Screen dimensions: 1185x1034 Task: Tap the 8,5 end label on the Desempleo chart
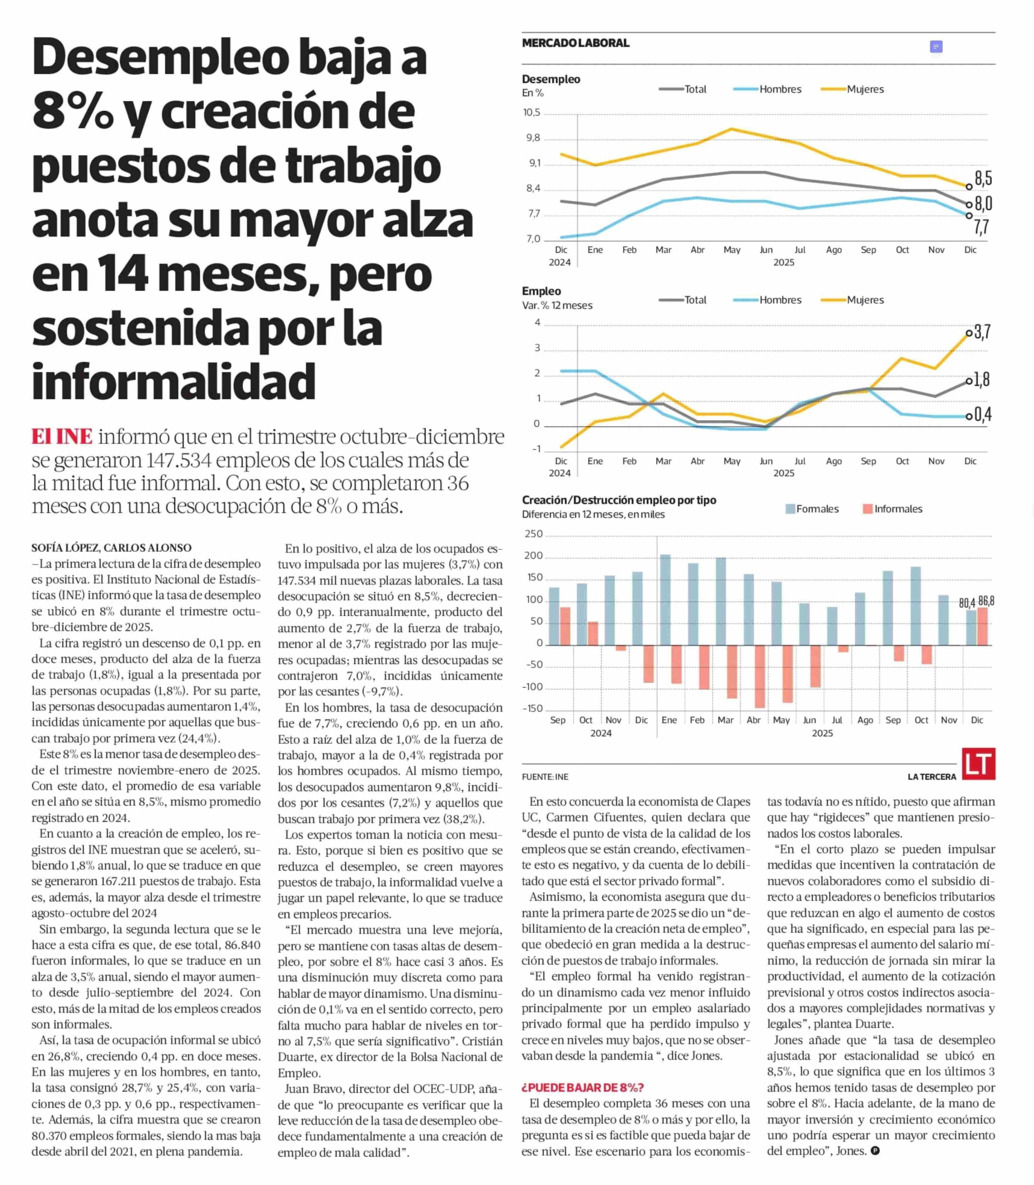(x=983, y=179)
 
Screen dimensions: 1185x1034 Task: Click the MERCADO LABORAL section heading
(x=575, y=43)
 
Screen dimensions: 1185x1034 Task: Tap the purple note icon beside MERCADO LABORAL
(x=936, y=47)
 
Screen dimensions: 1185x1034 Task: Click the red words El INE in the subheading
(x=62, y=436)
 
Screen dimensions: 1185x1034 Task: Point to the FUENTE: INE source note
(x=545, y=777)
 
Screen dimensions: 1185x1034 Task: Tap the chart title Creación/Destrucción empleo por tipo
(x=619, y=500)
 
